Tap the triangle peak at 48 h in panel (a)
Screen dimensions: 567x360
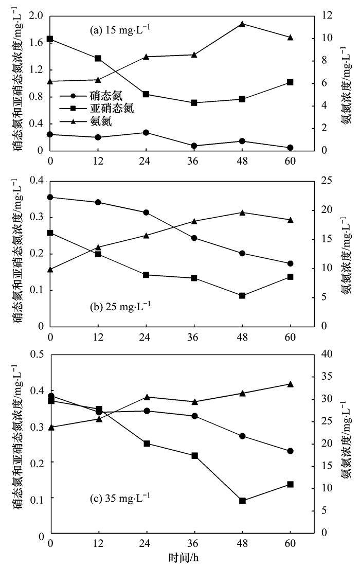(242, 24)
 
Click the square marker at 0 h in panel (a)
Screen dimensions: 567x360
(50, 39)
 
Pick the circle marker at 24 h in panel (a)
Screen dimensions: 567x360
(146, 132)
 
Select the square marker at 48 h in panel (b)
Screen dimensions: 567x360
(242, 295)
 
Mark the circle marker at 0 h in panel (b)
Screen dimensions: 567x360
(50, 197)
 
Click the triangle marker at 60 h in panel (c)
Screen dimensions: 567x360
(290, 384)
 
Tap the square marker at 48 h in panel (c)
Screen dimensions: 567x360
(242, 501)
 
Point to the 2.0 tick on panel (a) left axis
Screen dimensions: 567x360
(36, 16)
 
